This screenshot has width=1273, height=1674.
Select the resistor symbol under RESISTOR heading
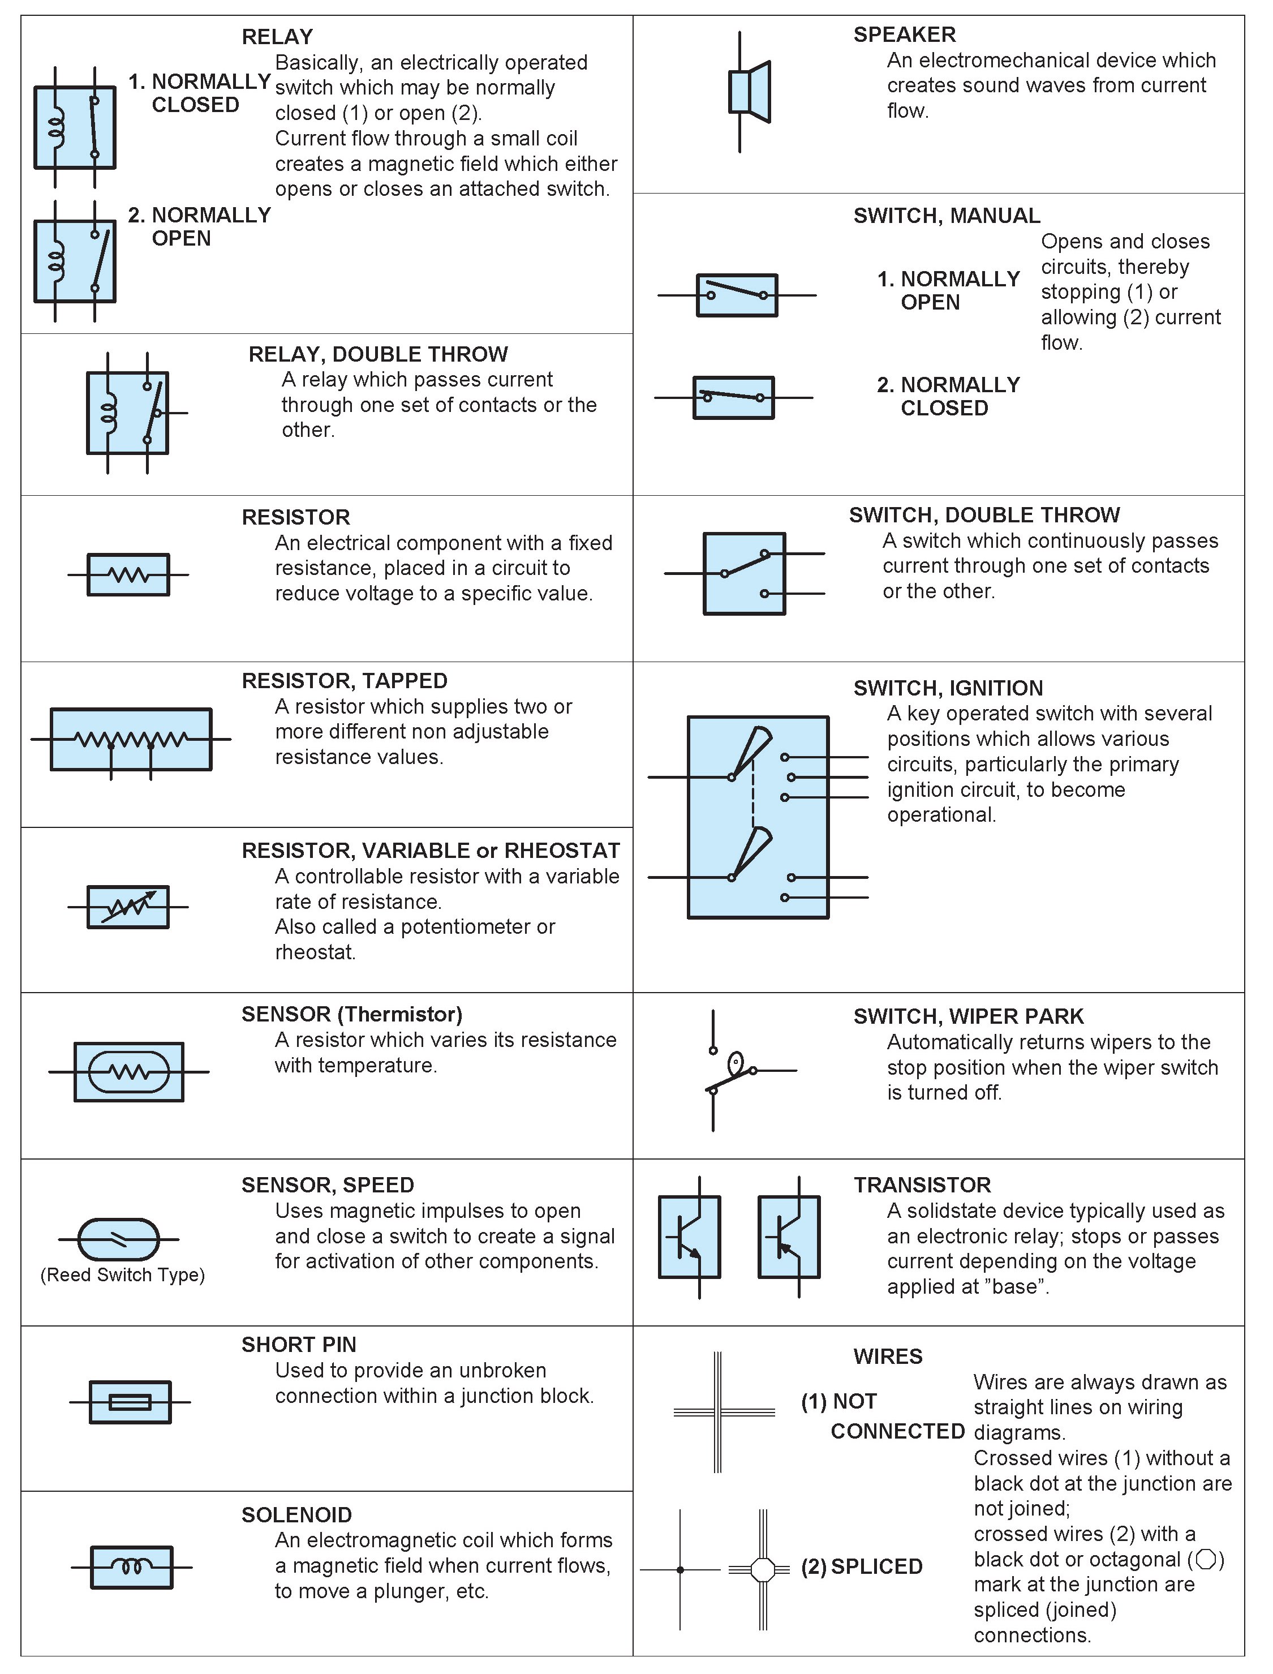(128, 574)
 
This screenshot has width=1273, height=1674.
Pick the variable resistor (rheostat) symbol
(128, 907)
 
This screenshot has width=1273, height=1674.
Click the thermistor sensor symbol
(129, 1071)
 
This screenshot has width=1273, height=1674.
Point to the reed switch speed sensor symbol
(119, 1239)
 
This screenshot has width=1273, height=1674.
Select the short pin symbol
(130, 1402)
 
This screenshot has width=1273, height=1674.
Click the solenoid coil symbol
(132, 1566)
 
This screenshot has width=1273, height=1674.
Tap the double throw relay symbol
(128, 413)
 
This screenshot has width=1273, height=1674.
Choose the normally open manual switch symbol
(737, 295)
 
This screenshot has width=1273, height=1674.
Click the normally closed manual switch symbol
(733, 397)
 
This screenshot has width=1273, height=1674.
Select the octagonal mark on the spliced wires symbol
(763, 1569)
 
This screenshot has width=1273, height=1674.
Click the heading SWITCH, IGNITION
(948, 688)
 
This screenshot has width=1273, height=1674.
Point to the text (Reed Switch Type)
(123, 1274)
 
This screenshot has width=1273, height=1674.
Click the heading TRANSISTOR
(922, 1184)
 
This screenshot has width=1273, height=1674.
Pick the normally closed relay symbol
(75, 127)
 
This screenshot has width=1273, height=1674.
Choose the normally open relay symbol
(75, 261)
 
